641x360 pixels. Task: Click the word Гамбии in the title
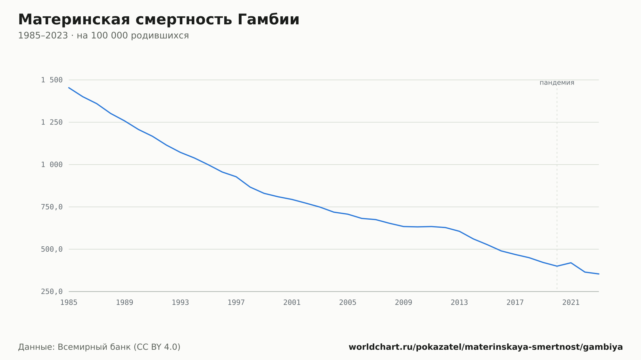268,20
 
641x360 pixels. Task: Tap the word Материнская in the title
74,20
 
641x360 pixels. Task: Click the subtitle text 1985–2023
43,36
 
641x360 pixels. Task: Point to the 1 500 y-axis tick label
52,80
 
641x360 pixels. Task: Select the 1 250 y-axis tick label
52,122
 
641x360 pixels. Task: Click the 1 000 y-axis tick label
52,165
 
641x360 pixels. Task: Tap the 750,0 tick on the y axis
52,207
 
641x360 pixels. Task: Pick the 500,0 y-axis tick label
52,249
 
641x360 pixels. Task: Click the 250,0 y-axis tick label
52,291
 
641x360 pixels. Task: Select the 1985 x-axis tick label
69,303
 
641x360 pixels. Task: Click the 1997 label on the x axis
236,303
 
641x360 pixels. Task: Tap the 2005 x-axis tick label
348,303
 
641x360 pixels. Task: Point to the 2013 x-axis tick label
459,303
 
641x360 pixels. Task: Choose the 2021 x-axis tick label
571,303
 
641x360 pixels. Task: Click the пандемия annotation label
557,83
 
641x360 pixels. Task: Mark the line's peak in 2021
571,263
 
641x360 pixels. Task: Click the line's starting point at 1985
69,87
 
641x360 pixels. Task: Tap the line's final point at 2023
599,274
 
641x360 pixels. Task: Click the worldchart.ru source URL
486,347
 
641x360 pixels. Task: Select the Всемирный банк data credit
94,347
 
